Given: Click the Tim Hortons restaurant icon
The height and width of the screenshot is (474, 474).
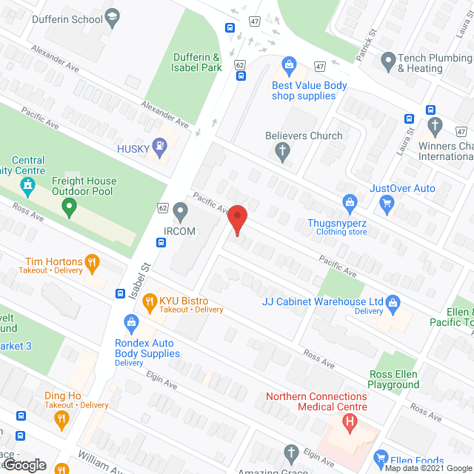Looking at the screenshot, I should click(x=92, y=261).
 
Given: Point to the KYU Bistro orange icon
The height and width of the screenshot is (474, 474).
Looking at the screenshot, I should click(x=149, y=301).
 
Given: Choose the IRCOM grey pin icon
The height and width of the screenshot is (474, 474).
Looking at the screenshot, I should click(x=180, y=213).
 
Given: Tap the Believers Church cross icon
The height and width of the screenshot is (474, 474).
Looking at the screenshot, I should click(x=281, y=153).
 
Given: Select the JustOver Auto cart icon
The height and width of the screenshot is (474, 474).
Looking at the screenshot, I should click(x=385, y=203).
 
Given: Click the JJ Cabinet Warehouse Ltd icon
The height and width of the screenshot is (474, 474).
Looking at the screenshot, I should click(x=393, y=301).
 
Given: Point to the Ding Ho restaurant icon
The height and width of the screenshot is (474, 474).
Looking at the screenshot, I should click(x=62, y=418).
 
